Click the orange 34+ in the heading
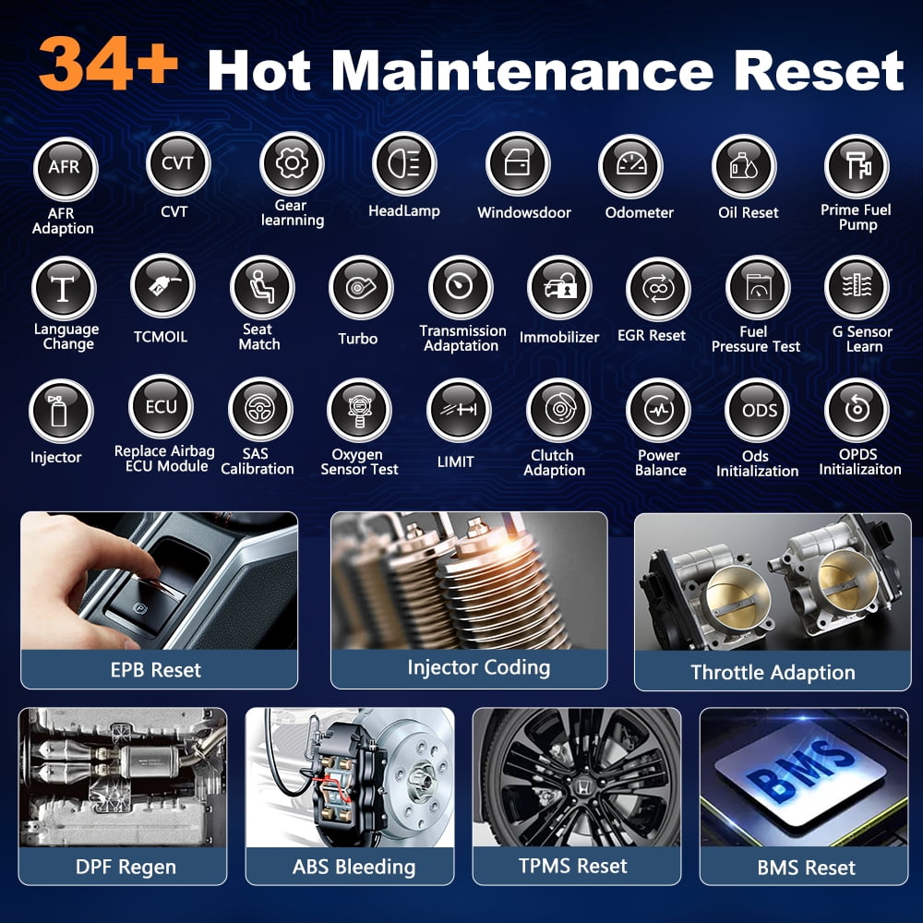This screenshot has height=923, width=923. [x=108, y=64]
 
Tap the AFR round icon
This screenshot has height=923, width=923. [x=65, y=169]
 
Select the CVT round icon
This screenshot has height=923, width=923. [x=178, y=163]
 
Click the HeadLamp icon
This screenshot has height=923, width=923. [x=404, y=163]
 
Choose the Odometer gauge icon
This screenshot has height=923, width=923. [x=630, y=166]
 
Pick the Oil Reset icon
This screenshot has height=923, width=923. [x=744, y=166]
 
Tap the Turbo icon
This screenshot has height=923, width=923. [x=360, y=288]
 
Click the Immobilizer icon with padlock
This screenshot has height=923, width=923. [x=559, y=287]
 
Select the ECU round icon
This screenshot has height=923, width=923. [x=161, y=407]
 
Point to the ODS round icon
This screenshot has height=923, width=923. [x=758, y=411]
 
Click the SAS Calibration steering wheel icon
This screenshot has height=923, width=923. [x=260, y=409]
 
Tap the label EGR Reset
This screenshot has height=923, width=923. [x=651, y=336]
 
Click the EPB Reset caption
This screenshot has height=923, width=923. [x=156, y=670]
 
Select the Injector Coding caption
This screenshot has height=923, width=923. [x=478, y=667]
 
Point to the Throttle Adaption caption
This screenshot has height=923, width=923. [x=773, y=672]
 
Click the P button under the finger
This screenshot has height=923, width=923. [x=139, y=607]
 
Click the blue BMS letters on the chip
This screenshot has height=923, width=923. [x=801, y=771]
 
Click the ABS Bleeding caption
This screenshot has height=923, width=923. [x=354, y=867]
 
